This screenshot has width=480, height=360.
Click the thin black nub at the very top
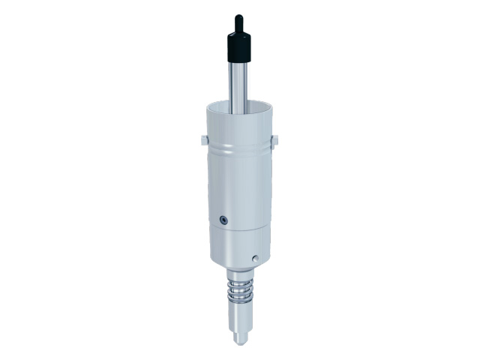pos(238,20)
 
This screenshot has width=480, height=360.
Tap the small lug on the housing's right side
pos(275,139)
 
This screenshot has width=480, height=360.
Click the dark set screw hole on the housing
pos(223,219)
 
